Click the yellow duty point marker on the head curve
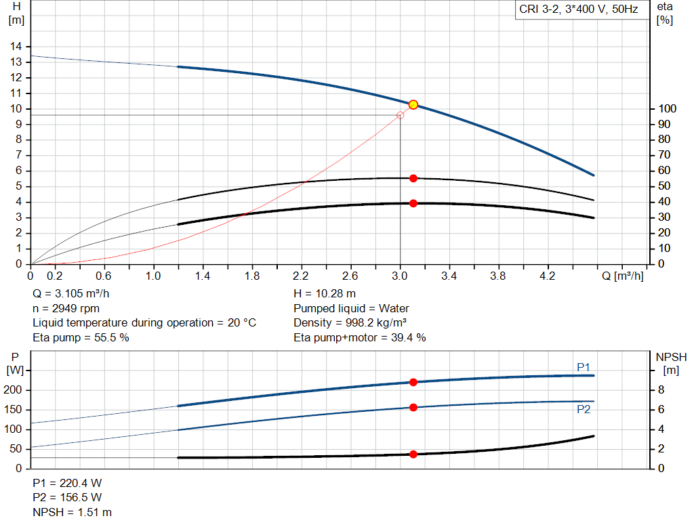tap(413, 104)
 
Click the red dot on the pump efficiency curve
tap(413, 178)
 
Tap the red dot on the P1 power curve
tap(413, 382)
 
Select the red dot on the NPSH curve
tap(413, 454)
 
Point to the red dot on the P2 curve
tap(413, 407)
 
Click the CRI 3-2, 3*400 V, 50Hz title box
tap(579, 10)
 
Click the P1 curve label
tap(584, 367)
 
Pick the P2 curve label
tap(584, 409)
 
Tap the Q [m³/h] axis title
tap(623, 276)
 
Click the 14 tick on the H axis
tap(16, 46)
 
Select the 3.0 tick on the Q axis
tap(400, 276)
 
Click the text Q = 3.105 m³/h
tap(70, 294)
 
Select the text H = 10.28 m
tap(324, 294)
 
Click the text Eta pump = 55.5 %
tap(81, 337)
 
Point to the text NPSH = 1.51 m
tap(73, 512)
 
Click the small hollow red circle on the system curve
tap(400, 115)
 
